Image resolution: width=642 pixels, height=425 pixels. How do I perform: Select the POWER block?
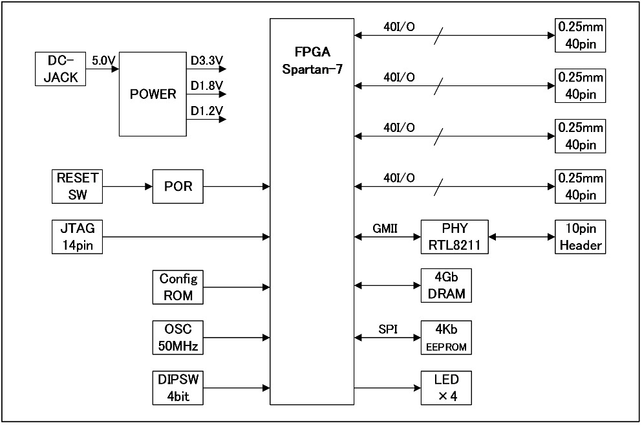tap(153, 94)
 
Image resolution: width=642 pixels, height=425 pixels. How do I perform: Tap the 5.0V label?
tap(103, 61)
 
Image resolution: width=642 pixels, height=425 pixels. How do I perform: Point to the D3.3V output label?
tap(207, 61)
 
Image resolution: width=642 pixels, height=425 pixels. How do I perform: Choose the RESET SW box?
tap(77, 186)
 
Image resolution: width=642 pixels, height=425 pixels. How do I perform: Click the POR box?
tap(178, 186)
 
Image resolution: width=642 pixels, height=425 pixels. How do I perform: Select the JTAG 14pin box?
tap(77, 237)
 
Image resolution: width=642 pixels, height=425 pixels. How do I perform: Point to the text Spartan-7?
tap(312, 69)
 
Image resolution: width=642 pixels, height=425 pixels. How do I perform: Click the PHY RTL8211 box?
tap(455, 237)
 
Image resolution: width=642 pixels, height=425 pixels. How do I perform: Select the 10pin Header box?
tap(581, 237)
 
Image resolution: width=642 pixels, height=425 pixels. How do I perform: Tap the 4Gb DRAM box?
tap(446, 287)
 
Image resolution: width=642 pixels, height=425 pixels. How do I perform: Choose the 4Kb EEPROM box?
tap(446, 338)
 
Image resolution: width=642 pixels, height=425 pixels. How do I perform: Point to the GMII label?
tap(385, 228)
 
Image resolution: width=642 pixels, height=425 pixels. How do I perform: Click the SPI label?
tap(387, 329)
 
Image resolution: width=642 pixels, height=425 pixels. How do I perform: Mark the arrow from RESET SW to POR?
tap(127, 186)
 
